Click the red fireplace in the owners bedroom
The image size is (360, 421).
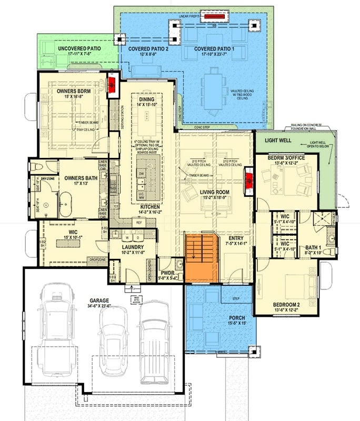pos(112,86)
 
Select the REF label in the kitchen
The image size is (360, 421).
pos(138,223)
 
